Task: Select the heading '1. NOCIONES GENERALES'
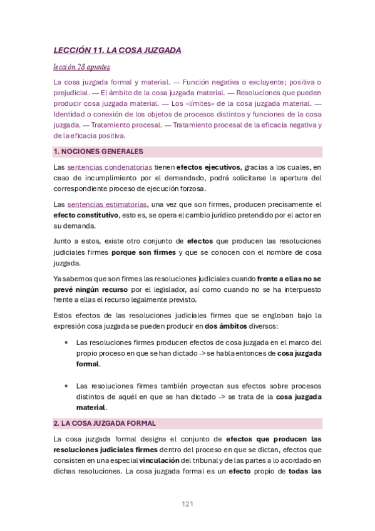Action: [98, 152]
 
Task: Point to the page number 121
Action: [188, 503]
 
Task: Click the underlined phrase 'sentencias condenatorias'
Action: [110, 168]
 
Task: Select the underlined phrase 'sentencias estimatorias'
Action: [106, 204]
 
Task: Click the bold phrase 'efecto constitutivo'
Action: [86, 215]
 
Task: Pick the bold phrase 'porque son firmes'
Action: [145, 252]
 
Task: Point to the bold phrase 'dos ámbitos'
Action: [225, 326]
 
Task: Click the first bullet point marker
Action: [66, 343]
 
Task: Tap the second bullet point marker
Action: [66, 386]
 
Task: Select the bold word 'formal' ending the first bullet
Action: [88, 364]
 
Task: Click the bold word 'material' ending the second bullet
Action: [91, 407]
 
